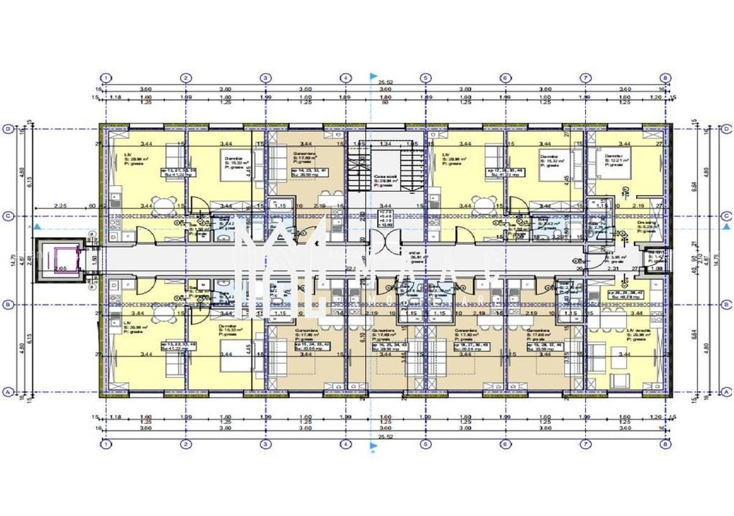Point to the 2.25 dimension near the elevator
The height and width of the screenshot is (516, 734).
pyautogui.click(x=59, y=207)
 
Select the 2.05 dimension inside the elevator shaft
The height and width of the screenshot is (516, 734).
pyautogui.click(x=59, y=268)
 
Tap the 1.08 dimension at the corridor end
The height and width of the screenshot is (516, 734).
pyautogui.click(x=656, y=268)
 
